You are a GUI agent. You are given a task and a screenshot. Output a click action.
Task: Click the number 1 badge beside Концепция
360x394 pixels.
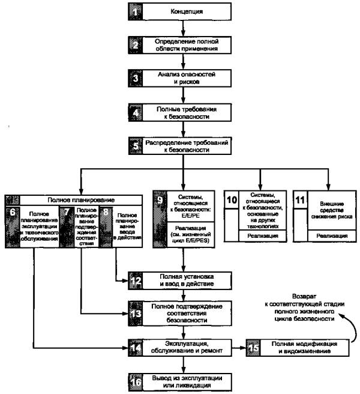click(x=136, y=11)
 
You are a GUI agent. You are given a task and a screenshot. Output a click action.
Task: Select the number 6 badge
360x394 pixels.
click(x=12, y=213)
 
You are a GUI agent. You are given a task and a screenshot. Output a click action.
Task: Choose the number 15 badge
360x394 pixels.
click(x=254, y=347)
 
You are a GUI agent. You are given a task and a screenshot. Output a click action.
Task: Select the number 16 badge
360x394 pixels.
click(x=136, y=380)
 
